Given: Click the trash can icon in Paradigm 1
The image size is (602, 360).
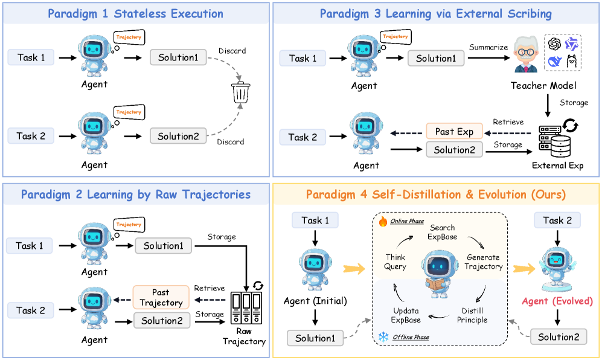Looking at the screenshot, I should [241, 94].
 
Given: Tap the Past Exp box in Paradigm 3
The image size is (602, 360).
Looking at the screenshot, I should [454, 132].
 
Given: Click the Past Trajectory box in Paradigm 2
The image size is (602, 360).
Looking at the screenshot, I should [161, 298].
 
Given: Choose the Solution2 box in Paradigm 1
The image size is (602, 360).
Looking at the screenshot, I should [178, 137].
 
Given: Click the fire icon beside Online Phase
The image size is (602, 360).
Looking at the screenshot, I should [382, 222].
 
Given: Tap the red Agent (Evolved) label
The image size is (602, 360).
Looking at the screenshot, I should [557, 301].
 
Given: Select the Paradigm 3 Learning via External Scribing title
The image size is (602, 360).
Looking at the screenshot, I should [435, 14].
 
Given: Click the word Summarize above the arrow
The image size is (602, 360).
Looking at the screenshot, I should [488, 47].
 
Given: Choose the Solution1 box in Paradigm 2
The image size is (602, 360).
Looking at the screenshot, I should [163, 246].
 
